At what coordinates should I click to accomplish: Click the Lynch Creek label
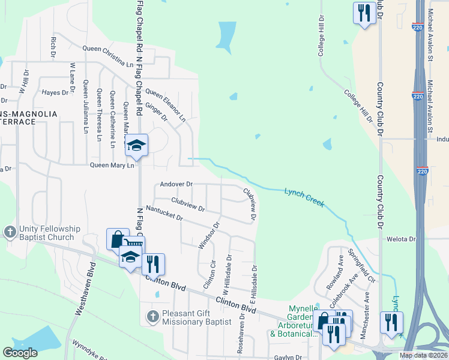pyautogui.click(x=304, y=196)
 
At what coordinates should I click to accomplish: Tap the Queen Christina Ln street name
pyautogui.click(x=108, y=56)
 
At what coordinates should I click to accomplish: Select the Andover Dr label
pyautogui.click(x=176, y=184)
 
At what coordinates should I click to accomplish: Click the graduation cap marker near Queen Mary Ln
pyautogui.click(x=136, y=145)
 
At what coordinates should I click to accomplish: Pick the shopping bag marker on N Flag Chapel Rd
pyautogui.click(x=116, y=239)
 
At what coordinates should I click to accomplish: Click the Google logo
pyautogui.click(x=20, y=353)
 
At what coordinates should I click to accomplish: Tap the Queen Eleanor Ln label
pyautogui.click(x=166, y=106)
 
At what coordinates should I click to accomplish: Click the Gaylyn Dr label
pyautogui.click(x=288, y=357)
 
